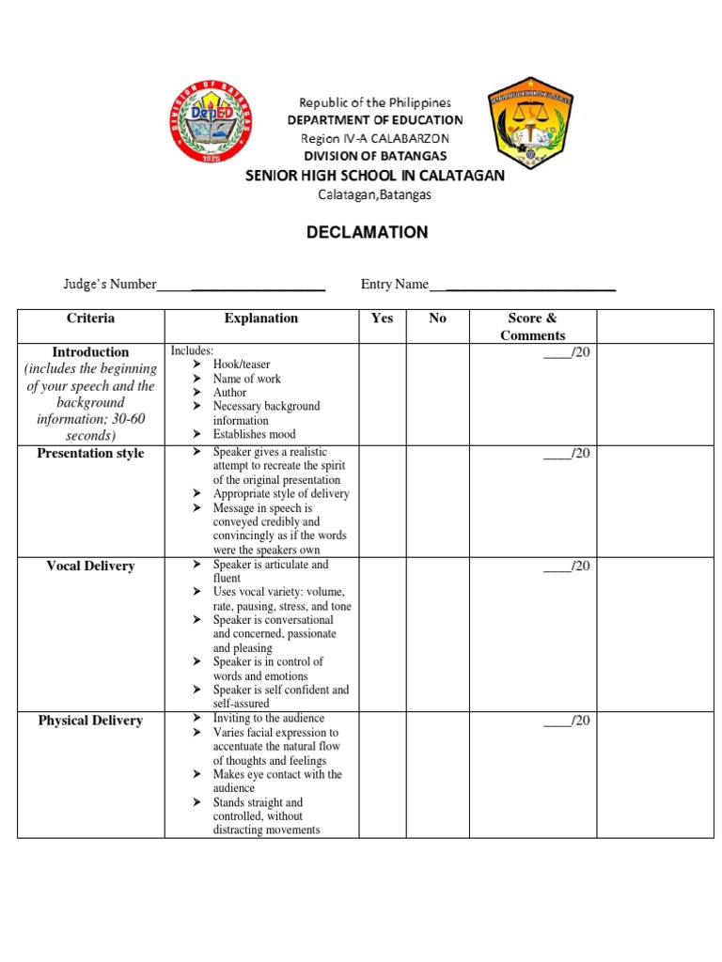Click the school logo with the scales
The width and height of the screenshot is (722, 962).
point(530,129)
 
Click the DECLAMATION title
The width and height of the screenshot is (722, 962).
point(368,232)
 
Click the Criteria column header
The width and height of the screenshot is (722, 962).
point(91,318)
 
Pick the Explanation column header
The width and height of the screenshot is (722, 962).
point(260,318)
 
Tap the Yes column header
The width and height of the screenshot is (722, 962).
point(382,318)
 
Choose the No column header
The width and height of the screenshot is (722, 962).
point(437,318)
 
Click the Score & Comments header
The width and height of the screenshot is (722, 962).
point(532,327)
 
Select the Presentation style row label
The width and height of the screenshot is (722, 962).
point(91,454)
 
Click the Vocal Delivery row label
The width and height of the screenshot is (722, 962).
point(91,566)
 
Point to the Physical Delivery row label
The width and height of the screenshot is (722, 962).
point(91,721)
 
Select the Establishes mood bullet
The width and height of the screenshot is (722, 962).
point(254,434)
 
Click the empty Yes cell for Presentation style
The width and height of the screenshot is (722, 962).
point(382,501)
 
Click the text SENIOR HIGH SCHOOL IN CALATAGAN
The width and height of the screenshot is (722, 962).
point(375,176)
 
